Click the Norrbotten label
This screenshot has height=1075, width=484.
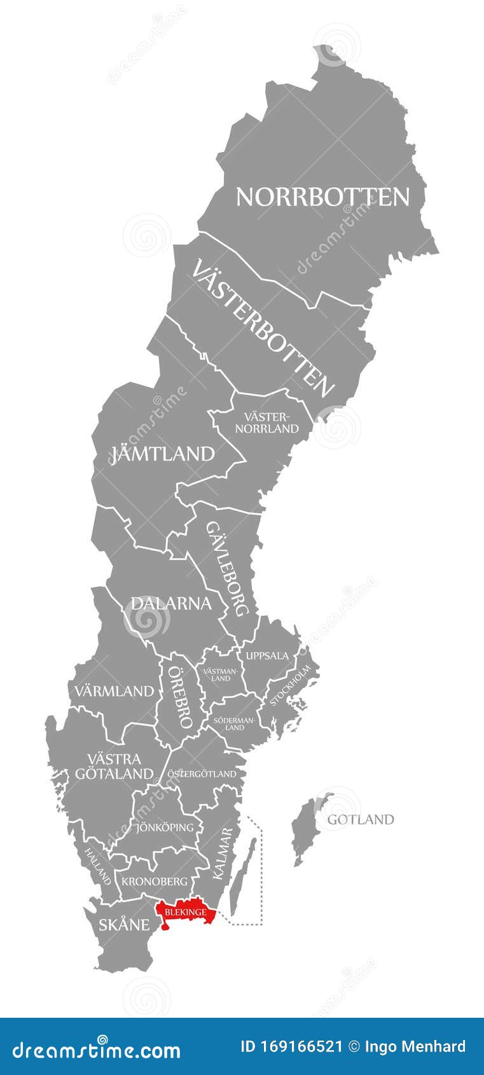click(322, 197)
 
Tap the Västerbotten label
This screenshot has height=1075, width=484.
click(262, 328)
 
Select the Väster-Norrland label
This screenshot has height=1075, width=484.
click(266, 422)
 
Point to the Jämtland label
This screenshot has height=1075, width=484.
click(163, 454)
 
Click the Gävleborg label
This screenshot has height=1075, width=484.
click(227, 569)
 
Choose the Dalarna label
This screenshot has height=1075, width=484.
click(170, 603)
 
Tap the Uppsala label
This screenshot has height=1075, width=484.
click(267, 655)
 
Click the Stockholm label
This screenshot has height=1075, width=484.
click(291, 685)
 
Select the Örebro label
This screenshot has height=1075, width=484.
click(179, 698)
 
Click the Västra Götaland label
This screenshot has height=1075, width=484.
click(114, 766)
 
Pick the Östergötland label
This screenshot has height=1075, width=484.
click(202, 773)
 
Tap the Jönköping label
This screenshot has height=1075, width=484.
click(165, 827)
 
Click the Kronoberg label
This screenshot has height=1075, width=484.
click(155, 881)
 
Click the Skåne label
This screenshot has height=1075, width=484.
click(123, 924)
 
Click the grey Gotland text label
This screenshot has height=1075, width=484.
click(360, 819)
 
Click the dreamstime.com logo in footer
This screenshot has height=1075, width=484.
click(97, 1048)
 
